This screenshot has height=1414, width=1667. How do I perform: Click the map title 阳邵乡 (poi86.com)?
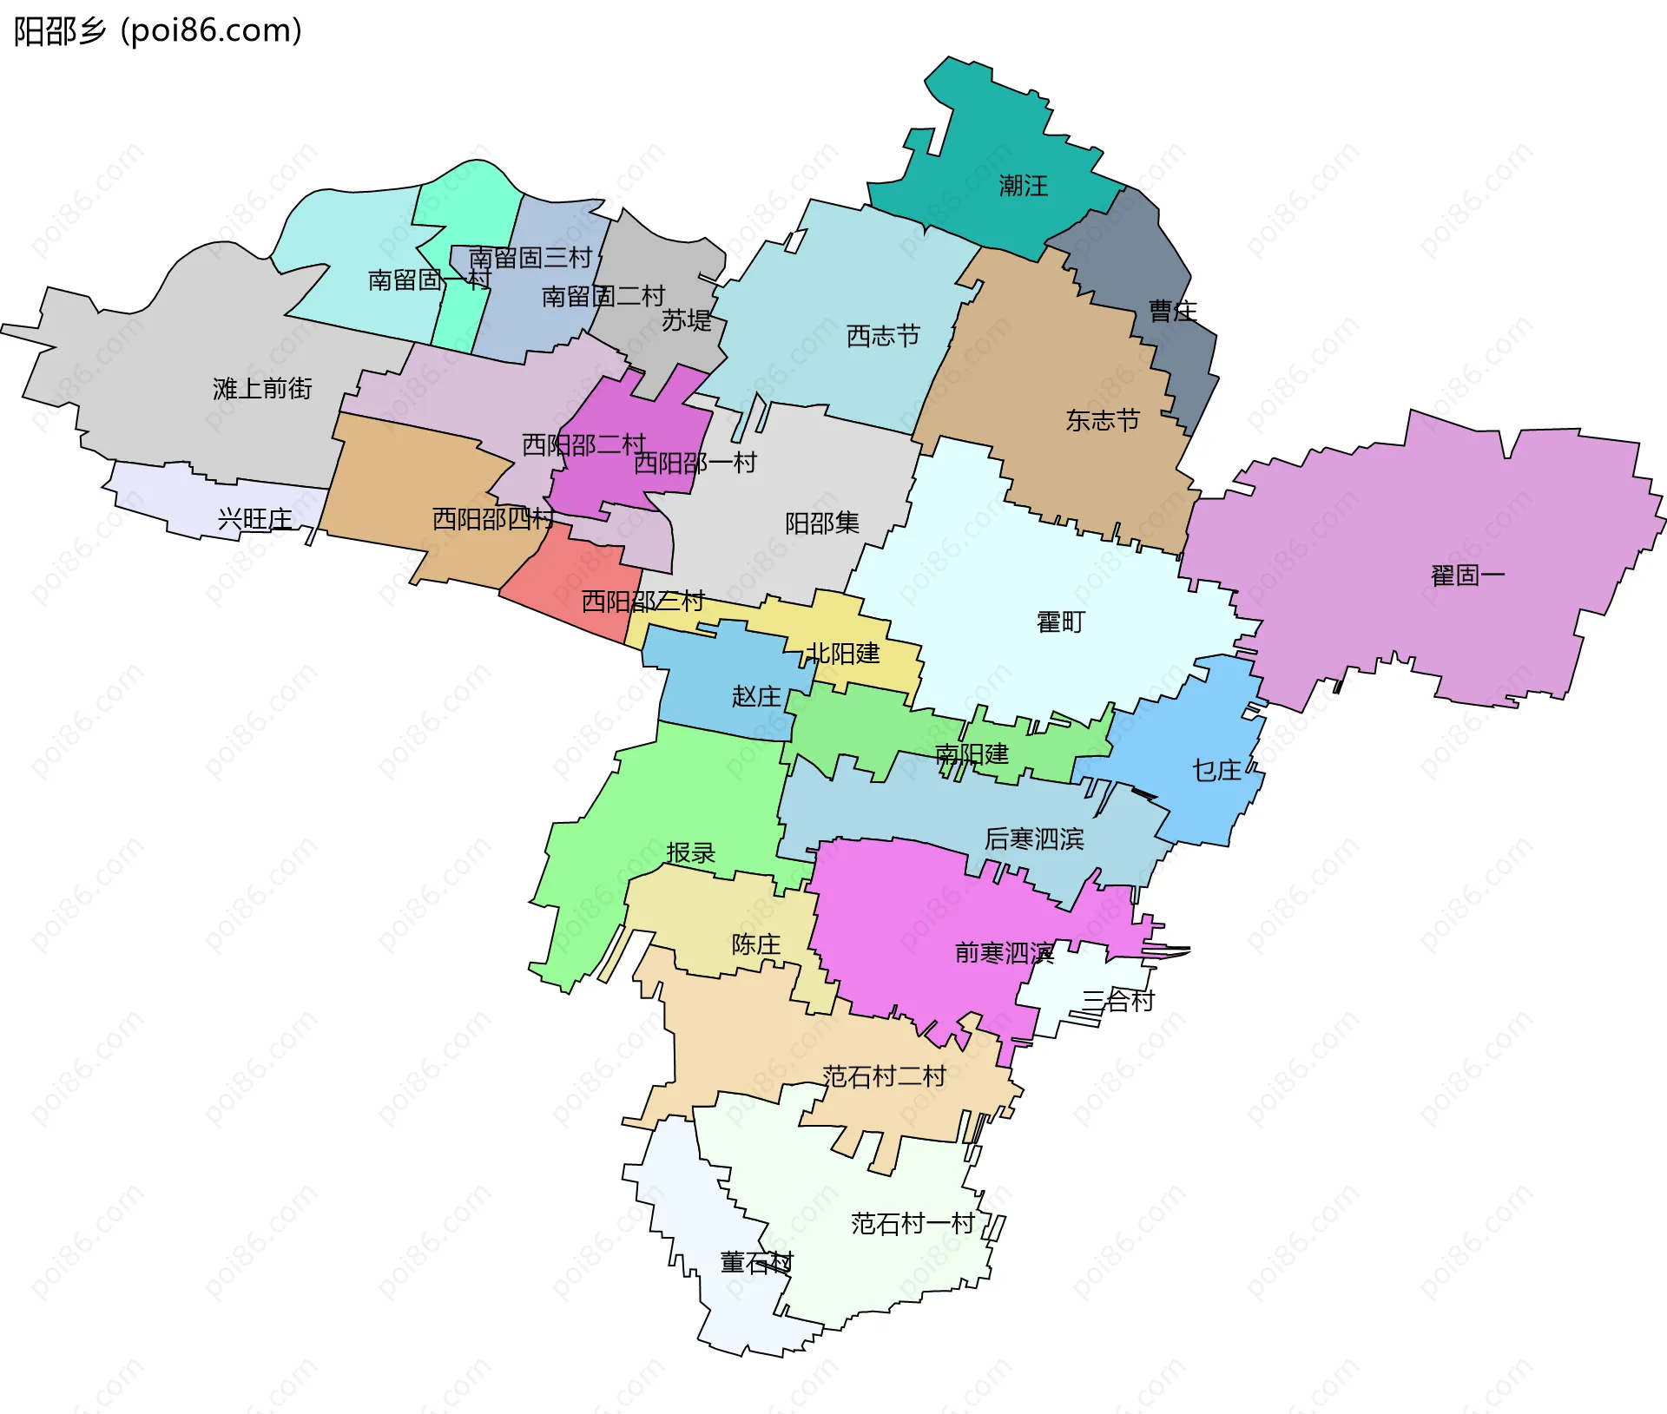click(158, 31)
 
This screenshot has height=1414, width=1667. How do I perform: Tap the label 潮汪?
click(1023, 186)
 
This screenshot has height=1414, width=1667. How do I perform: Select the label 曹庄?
click(1172, 312)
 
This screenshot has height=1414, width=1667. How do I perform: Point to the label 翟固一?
click(1467, 575)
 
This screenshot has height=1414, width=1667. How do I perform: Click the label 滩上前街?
click(262, 389)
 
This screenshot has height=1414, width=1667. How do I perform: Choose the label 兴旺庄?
click(254, 519)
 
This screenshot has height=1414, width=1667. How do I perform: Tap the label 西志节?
click(883, 336)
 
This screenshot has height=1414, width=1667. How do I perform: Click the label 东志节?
click(1102, 421)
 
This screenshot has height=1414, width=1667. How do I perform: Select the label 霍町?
click(1060, 622)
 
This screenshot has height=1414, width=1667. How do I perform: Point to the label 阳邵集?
click(821, 523)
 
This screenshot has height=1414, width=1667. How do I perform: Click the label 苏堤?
click(686, 321)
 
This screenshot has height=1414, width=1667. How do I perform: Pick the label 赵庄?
click(756, 696)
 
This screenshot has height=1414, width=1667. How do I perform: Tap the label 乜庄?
click(1216, 770)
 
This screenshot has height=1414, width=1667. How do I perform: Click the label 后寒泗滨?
click(1033, 839)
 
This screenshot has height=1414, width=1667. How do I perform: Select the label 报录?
click(690, 853)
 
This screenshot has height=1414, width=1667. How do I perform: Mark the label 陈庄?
click(755, 944)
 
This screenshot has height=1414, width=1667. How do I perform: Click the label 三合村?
click(1117, 1001)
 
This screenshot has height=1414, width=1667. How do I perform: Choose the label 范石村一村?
click(913, 1224)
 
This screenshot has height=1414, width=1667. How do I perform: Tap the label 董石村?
click(756, 1263)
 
